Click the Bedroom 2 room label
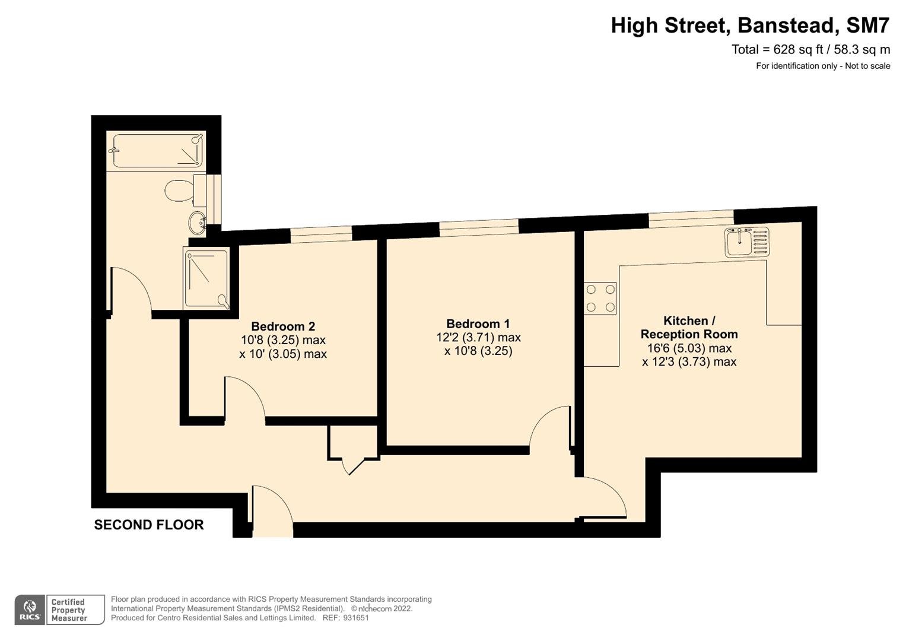[283, 326]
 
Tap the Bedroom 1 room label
[478, 323]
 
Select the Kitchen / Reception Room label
[689, 328]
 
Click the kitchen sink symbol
[746, 242]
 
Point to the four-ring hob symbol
[600, 298]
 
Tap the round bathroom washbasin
[198, 223]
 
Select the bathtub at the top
[158, 151]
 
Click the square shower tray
[206, 278]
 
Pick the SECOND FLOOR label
[149, 525]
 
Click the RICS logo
[30, 610]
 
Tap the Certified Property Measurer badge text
[69, 610]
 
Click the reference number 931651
[356, 618]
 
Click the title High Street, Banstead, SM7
[751, 26]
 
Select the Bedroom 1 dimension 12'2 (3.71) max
[478, 337]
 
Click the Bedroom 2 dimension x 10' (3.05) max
[283, 354]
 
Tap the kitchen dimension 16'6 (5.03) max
[689, 348]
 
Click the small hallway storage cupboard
[352, 442]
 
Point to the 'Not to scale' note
[867, 66]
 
